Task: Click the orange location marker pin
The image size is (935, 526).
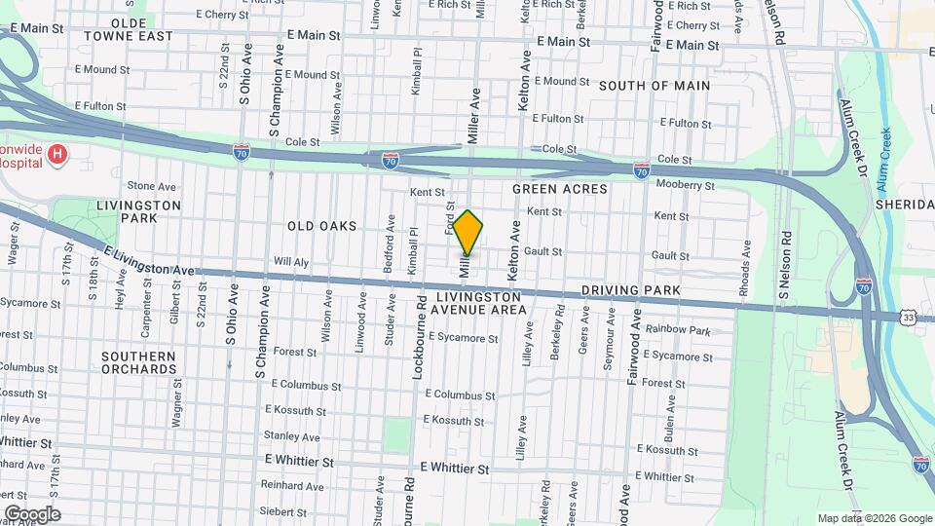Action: coord(467,233)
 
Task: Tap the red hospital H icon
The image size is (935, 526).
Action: coord(58,154)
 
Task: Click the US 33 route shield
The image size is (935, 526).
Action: coord(909,318)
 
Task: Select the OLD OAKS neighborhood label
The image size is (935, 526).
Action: coord(320,226)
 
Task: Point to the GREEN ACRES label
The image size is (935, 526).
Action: coord(559,189)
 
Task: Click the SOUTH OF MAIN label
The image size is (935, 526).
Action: coord(654,86)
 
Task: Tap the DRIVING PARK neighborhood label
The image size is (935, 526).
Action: coord(624,290)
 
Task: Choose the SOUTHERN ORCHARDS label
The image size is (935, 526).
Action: coord(138,362)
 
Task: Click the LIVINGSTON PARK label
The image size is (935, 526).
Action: coord(139,211)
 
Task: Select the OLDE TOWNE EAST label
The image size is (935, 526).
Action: coord(129,29)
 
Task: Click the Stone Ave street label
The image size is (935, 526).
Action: coord(151,186)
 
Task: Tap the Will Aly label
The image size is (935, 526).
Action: coord(291,261)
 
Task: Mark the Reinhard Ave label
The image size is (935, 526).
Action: coord(292,486)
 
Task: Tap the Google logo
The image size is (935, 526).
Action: coord(32,513)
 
